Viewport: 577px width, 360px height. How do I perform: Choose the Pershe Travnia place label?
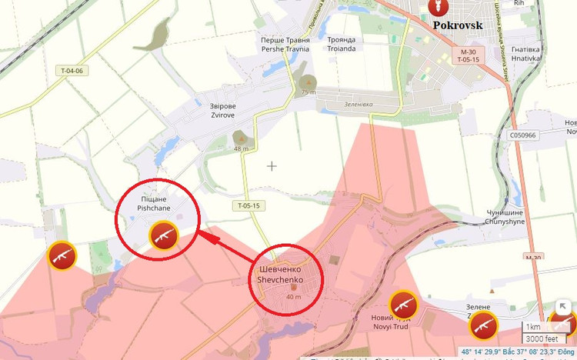coord(285,44)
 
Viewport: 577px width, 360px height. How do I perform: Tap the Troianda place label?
coord(342,44)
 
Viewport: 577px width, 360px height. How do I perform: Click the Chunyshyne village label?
coord(505,216)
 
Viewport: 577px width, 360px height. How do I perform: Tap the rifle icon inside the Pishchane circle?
coord(163,236)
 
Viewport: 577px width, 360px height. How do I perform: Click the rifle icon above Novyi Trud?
coord(402,304)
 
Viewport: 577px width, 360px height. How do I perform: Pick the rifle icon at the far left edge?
coord(62,255)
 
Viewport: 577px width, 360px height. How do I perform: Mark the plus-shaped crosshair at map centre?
coord(272,165)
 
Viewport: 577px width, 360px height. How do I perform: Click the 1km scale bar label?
coord(533,327)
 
